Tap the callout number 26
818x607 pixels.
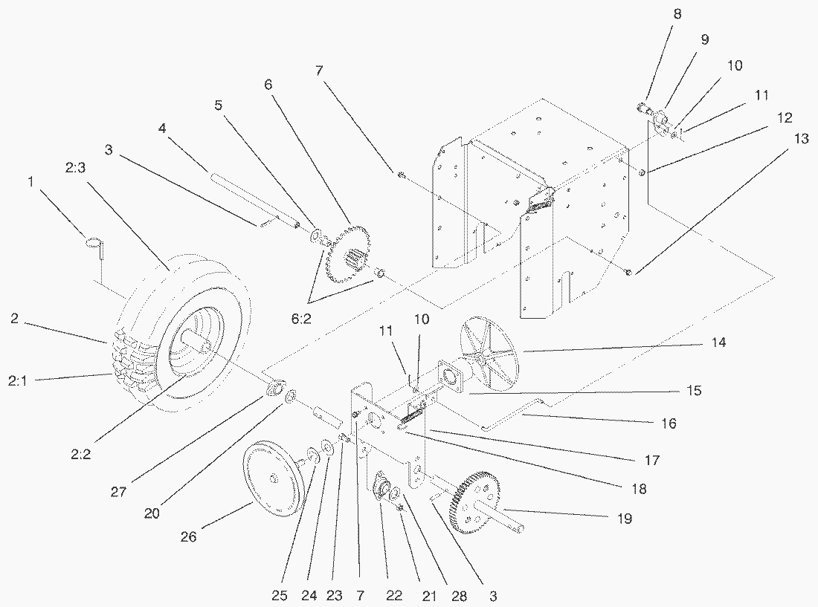188,536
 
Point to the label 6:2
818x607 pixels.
301,319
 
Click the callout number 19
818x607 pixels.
625,519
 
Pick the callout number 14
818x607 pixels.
718,343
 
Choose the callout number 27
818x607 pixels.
118,491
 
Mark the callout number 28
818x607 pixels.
459,596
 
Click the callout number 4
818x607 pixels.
162,128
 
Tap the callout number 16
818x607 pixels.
669,423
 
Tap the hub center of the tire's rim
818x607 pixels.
201,346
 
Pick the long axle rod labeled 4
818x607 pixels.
254,199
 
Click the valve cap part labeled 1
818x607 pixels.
95,247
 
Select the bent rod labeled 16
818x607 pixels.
513,415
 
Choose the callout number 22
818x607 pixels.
394,596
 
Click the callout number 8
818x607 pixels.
677,15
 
